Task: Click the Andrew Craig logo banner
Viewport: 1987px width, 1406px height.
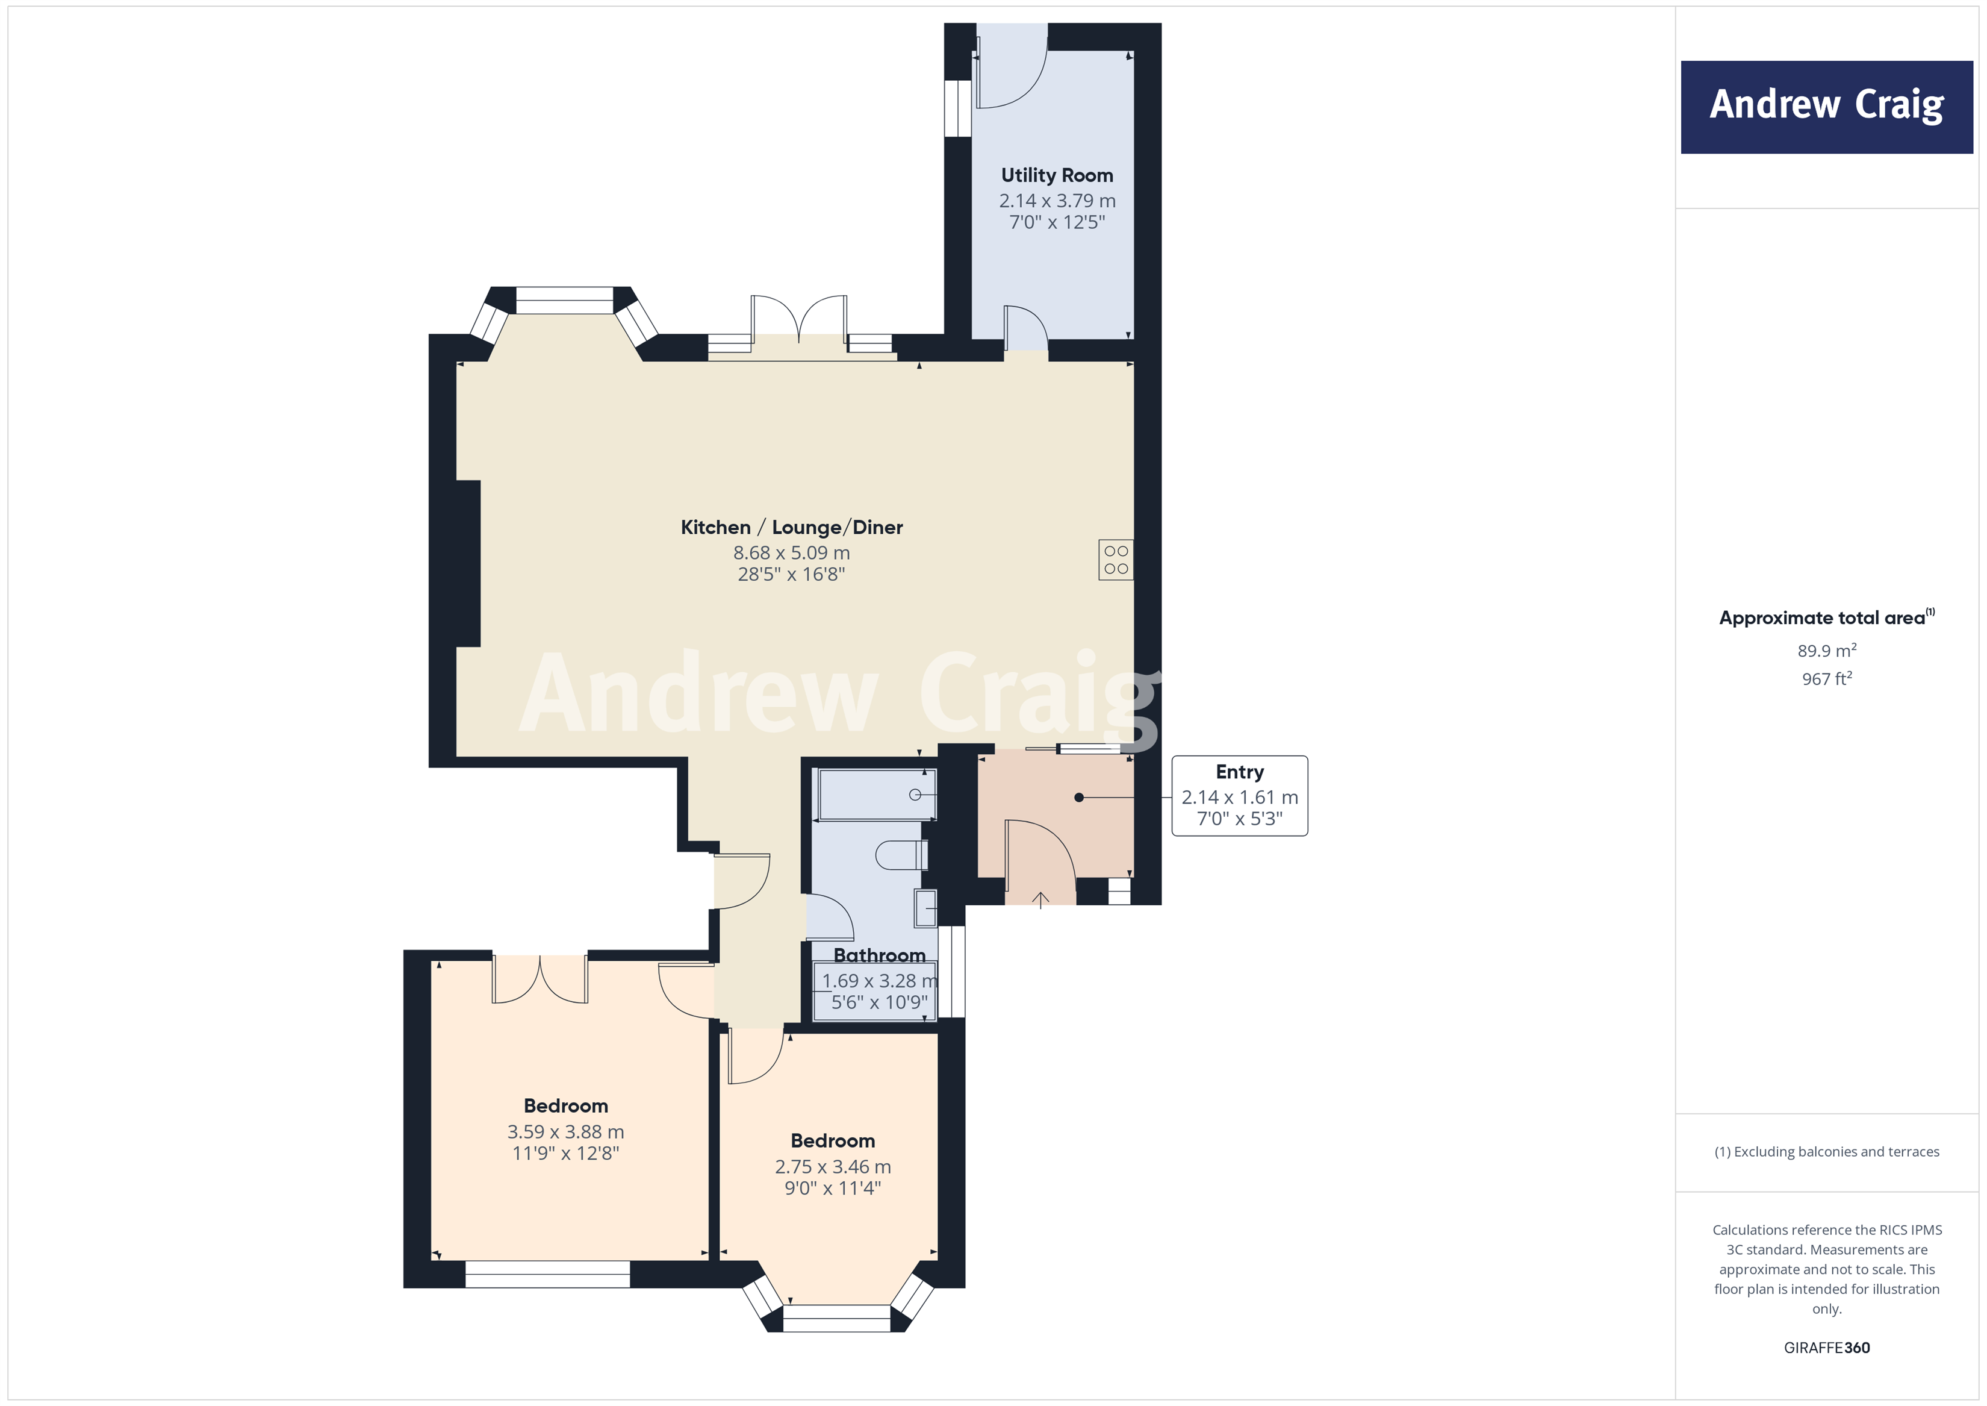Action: [x=1826, y=107]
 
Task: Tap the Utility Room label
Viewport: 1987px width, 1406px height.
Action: [x=1057, y=176]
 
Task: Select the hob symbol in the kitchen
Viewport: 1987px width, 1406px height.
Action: [x=1116, y=560]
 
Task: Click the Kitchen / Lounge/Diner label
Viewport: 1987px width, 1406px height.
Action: [x=791, y=527]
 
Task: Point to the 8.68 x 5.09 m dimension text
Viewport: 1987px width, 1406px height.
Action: [x=791, y=552]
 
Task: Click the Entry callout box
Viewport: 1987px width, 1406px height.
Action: [x=1239, y=796]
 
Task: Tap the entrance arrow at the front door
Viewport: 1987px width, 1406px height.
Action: [x=1040, y=899]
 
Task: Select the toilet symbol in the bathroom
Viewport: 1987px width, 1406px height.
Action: [x=900, y=855]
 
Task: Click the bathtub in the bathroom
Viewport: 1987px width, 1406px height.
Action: [x=876, y=795]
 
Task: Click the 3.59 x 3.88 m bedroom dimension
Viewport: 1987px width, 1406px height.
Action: [x=565, y=1131]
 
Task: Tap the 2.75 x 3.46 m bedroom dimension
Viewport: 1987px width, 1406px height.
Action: [x=833, y=1167]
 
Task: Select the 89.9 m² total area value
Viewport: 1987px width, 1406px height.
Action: [x=1826, y=651]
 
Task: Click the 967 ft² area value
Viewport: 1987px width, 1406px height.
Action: [x=1826, y=680]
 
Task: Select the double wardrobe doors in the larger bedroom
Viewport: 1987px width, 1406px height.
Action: [x=540, y=979]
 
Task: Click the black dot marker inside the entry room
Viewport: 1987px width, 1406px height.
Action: [x=1078, y=798]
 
